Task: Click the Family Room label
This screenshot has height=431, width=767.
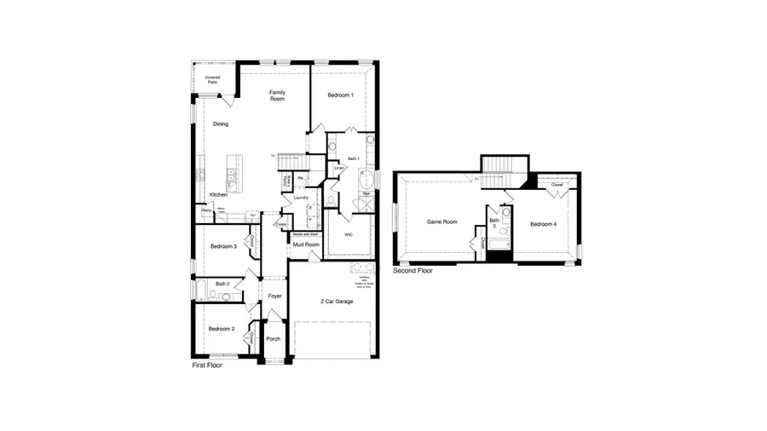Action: [x=277, y=95]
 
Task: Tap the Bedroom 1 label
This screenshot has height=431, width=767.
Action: [x=340, y=95]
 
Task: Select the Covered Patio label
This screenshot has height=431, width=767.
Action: [x=212, y=80]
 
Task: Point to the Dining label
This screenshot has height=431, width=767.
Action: [x=221, y=124]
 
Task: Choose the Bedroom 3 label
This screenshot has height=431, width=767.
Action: [x=223, y=247]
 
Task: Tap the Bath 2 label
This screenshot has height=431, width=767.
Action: [x=222, y=284]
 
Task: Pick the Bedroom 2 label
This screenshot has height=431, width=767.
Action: [x=221, y=328]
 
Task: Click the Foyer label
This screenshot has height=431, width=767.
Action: [x=274, y=296]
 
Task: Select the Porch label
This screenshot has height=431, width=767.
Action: [x=274, y=338]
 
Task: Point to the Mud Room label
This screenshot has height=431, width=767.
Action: [x=306, y=244]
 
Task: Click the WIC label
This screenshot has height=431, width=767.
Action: [x=349, y=233]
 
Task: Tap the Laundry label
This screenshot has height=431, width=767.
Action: [x=300, y=198]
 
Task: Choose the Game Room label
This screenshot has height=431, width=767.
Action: [x=442, y=221]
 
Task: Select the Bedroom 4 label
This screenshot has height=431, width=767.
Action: [x=543, y=224]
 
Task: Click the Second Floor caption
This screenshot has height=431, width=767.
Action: [x=412, y=271]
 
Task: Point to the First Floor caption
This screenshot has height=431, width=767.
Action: [x=210, y=364]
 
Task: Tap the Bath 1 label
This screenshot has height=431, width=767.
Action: [x=354, y=159]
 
